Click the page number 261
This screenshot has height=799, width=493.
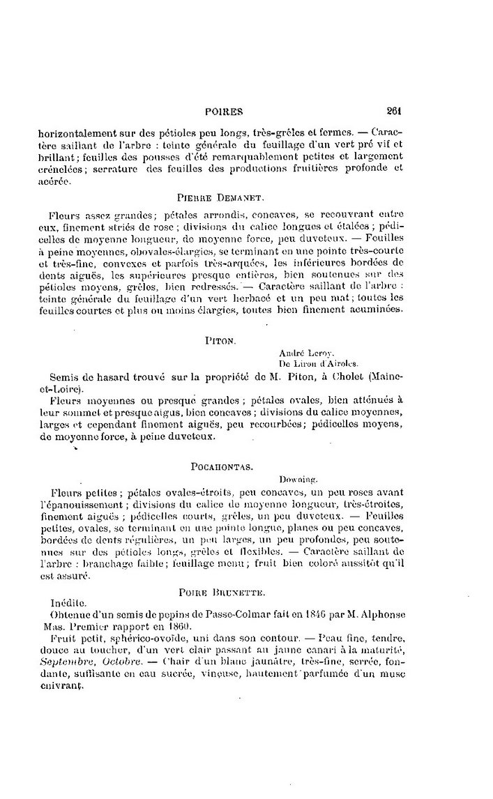(x=394, y=110)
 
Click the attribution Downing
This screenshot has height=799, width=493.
(x=298, y=479)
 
